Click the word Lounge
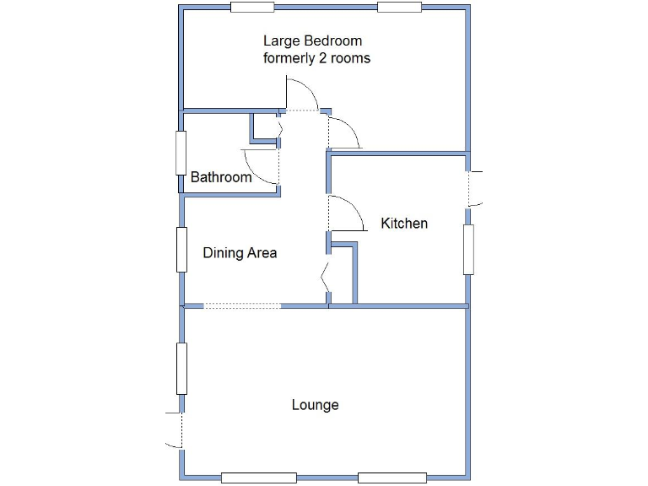click(315, 405)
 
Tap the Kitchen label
click(404, 224)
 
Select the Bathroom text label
click(221, 177)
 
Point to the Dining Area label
click(240, 253)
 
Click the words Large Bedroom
click(312, 40)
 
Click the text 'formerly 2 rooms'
click(316, 59)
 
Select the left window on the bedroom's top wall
click(252, 8)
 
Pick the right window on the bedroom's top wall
click(399, 8)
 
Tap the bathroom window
click(181, 153)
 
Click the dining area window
click(181, 250)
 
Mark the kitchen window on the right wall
click(468, 250)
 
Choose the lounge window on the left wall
click(181, 369)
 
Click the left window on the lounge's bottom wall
click(258, 478)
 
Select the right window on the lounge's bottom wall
click(392, 478)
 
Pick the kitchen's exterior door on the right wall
click(476, 187)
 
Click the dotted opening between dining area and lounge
click(242, 305)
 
